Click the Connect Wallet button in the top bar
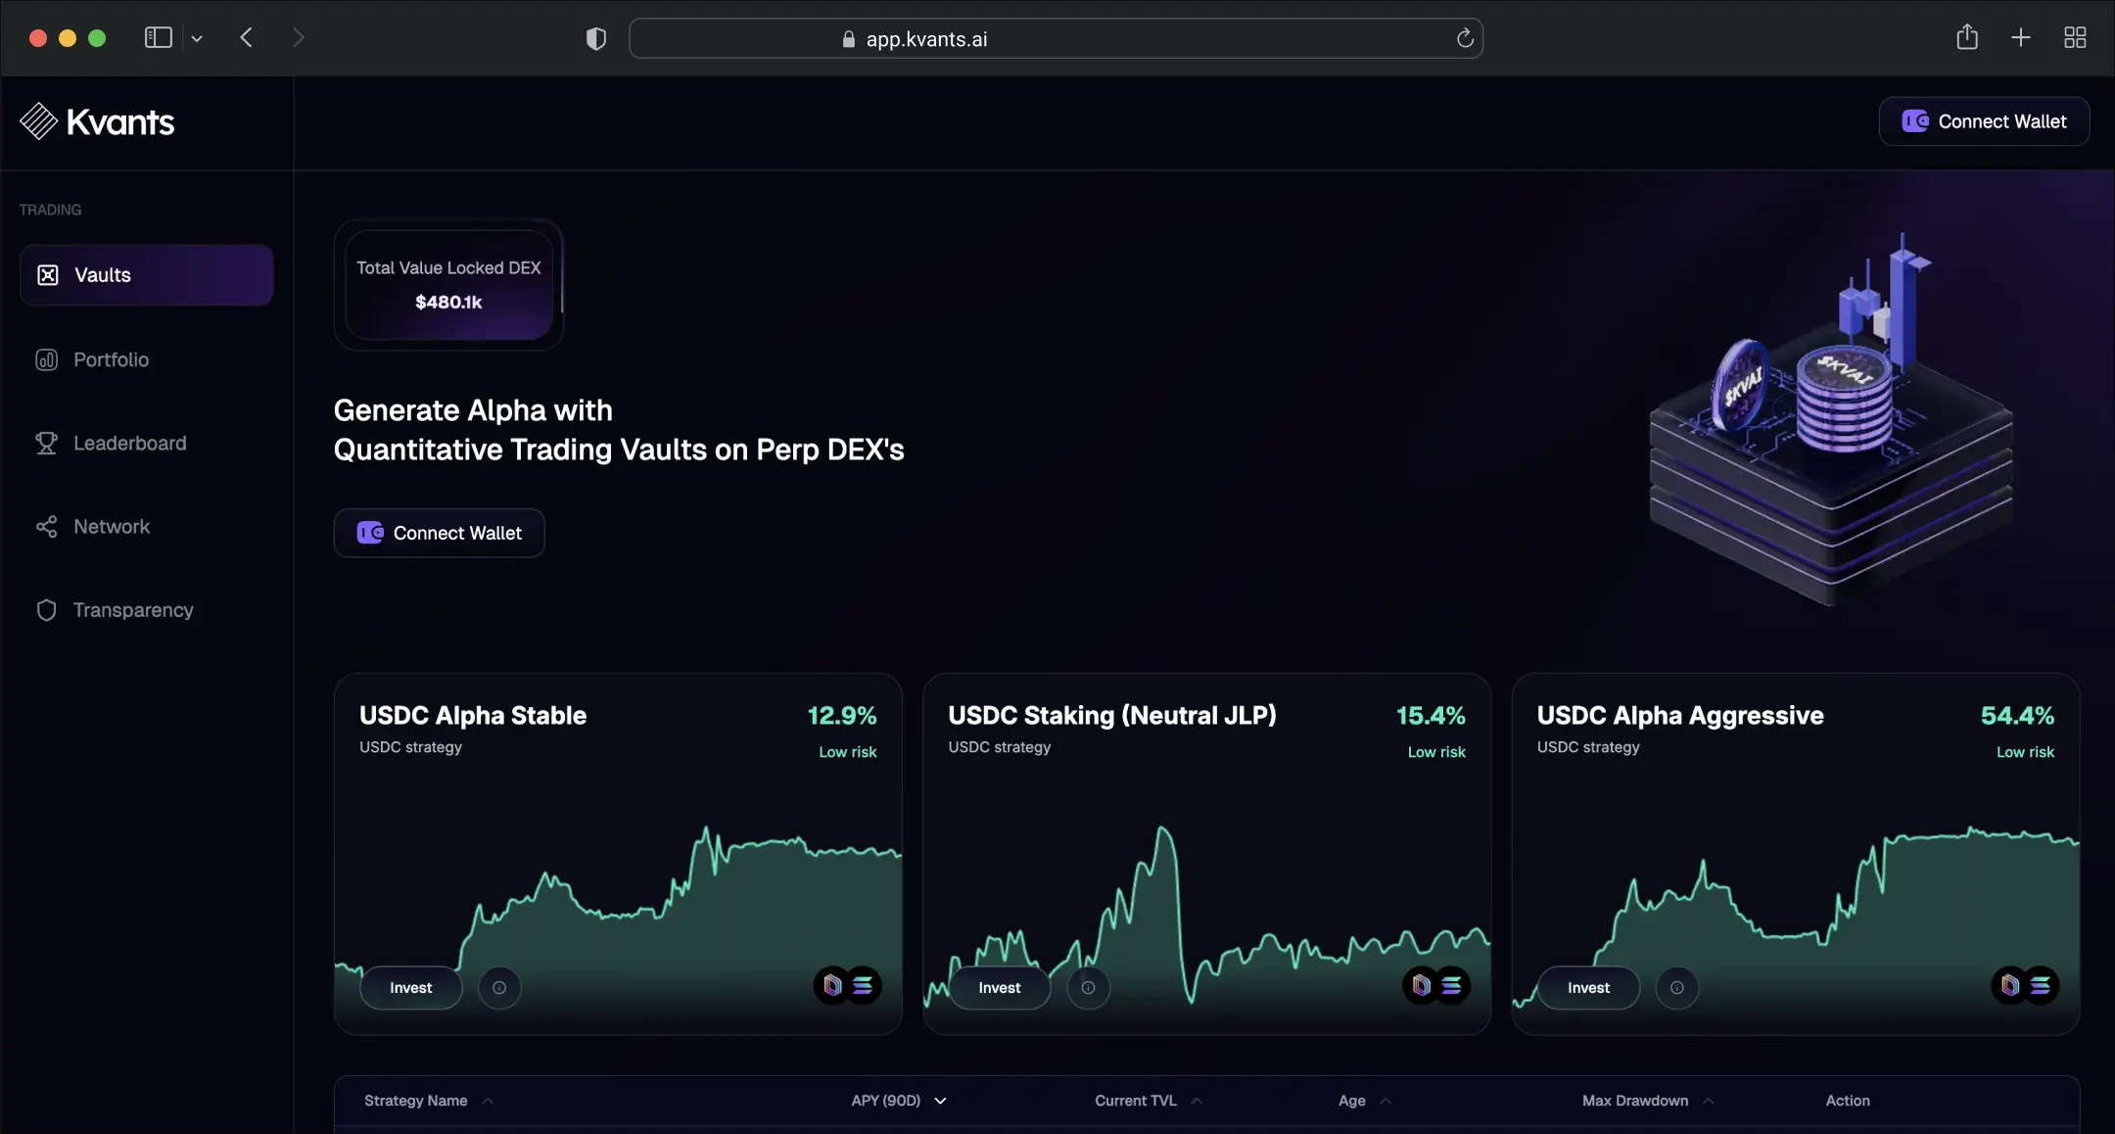coord(1984,121)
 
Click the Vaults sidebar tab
coord(146,275)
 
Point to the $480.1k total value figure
coord(448,302)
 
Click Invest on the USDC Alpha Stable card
coord(411,987)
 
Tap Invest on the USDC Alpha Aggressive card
coord(1588,987)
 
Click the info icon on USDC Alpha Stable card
coord(499,987)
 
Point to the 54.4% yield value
coord(2017,716)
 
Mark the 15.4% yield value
coord(1431,716)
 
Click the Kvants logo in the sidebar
coord(97,121)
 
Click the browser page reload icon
coord(1465,38)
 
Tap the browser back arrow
coord(246,38)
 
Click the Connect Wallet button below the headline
coord(439,533)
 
